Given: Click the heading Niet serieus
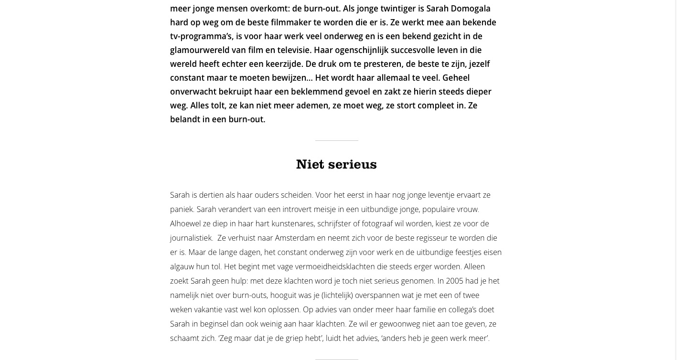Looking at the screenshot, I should (x=336, y=164).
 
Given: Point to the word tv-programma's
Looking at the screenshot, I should (x=201, y=36).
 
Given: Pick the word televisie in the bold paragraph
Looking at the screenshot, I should (x=291, y=50).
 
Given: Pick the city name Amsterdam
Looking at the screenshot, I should (x=294, y=238).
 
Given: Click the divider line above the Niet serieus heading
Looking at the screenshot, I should (x=336, y=140).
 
